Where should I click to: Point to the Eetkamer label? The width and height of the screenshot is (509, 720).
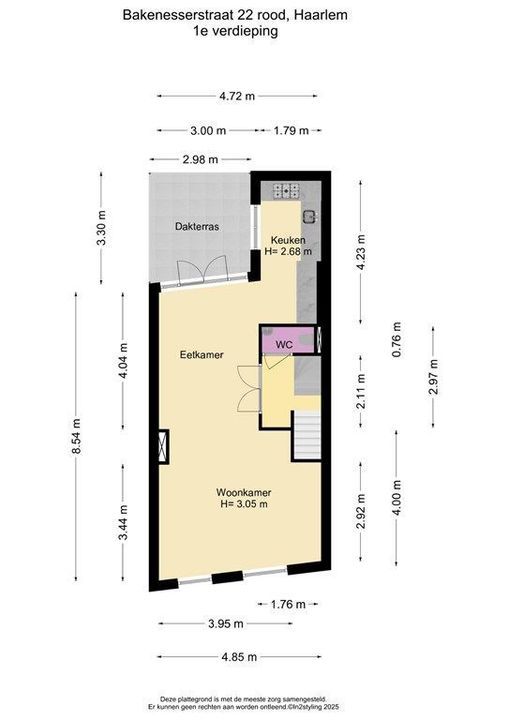click(x=200, y=355)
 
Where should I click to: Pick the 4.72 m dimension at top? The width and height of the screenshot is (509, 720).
click(x=236, y=96)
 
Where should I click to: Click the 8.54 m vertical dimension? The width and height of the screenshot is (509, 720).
click(x=76, y=437)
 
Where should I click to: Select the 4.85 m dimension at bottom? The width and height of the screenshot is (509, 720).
click(x=237, y=657)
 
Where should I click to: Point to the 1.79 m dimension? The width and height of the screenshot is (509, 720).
click(x=292, y=131)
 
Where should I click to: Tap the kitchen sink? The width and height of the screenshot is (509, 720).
click(x=311, y=214)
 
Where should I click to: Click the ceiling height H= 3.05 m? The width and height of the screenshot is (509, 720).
click(x=244, y=505)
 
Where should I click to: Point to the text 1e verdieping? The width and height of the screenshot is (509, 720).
click(x=236, y=31)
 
